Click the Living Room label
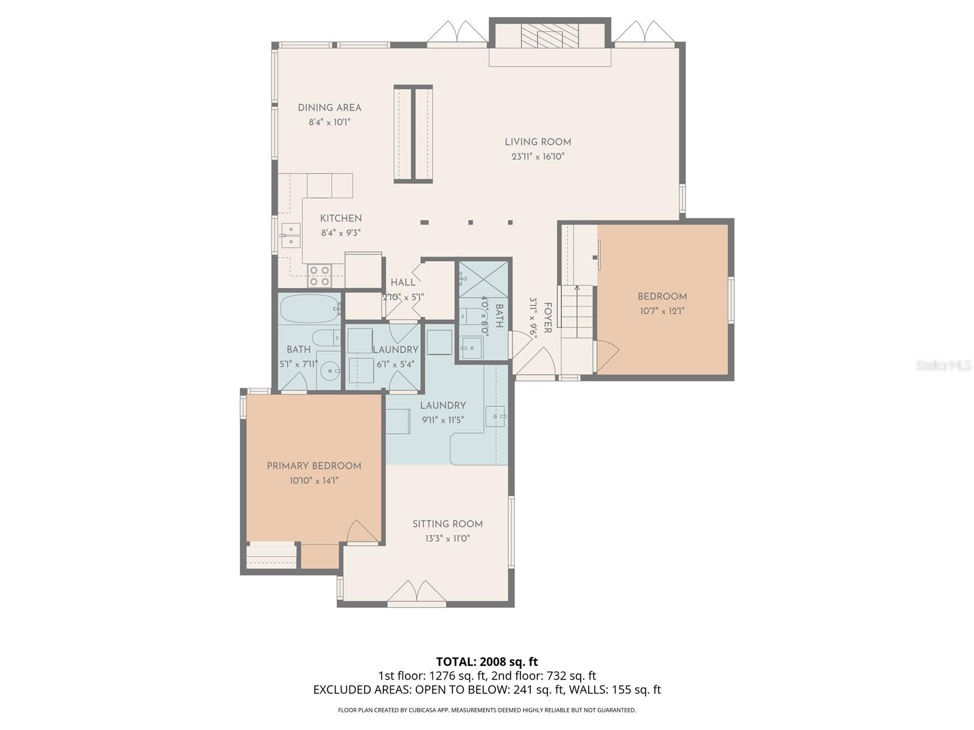click(x=538, y=142)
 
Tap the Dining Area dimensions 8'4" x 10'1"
click(x=329, y=122)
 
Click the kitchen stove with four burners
click(x=319, y=276)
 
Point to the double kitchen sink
click(x=291, y=235)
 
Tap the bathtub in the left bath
click(x=310, y=309)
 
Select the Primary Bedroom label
click(x=314, y=466)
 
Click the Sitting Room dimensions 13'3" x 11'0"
click(x=447, y=539)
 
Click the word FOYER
click(x=547, y=318)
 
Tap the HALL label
click(x=403, y=282)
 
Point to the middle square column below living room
click(x=471, y=222)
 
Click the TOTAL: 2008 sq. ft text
click(x=486, y=661)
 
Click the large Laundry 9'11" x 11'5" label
click(x=443, y=406)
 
